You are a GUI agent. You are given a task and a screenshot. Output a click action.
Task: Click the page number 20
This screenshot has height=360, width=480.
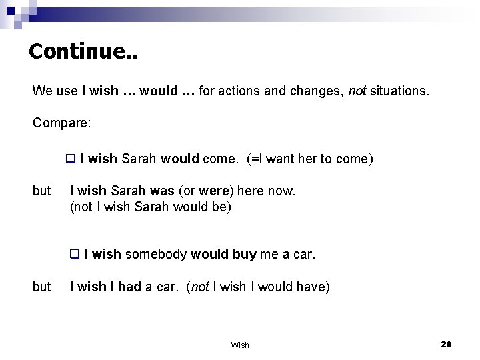pos(446,343)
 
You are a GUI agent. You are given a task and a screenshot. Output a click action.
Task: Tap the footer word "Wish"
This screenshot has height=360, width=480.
pos(240,345)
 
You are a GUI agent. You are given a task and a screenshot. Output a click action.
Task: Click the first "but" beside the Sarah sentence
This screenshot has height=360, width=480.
pos(41,191)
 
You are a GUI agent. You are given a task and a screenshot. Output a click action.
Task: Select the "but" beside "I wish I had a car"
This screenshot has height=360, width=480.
pos(41,287)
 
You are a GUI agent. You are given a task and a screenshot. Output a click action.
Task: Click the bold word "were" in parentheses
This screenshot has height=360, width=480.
pos(213,191)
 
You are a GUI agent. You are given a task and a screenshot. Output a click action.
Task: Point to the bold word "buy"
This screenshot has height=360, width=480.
pos(244,254)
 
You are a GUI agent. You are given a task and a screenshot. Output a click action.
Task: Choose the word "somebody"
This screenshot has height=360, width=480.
pos(156,254)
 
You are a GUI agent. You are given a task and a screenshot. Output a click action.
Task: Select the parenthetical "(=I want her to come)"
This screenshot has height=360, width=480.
pos(309,159)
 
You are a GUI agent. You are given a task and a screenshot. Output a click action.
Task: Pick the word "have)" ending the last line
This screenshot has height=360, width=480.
pos(313,287)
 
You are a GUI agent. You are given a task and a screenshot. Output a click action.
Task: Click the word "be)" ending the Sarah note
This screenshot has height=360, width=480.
pos(221,207)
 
